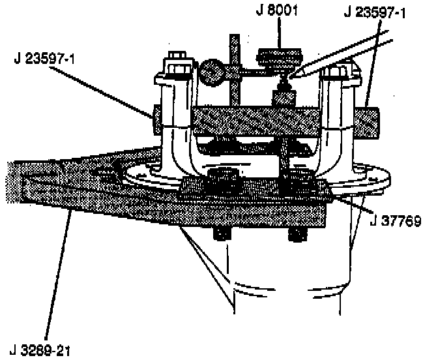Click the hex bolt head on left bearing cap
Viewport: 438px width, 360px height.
tap(177, 65)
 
